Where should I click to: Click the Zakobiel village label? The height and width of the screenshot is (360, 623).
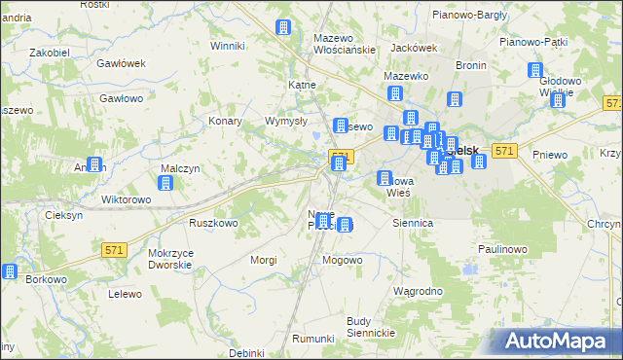49,52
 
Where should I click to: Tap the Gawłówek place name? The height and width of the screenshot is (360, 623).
122,63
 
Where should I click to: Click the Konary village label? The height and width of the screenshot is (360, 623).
225,122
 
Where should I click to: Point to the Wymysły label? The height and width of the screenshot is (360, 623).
286,122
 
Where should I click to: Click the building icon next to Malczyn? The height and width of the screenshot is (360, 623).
165,182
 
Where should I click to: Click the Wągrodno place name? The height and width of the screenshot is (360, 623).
418,291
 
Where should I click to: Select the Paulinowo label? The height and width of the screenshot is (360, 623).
502,249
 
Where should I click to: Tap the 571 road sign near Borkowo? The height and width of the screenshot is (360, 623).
114,250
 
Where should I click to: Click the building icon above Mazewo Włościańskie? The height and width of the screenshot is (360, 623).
284,27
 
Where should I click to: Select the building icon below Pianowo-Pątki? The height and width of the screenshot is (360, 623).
534,70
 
